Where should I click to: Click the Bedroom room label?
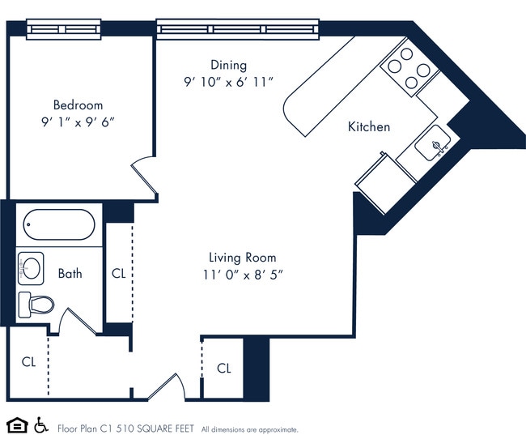78,104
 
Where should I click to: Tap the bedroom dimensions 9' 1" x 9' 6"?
78,122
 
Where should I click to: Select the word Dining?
228,65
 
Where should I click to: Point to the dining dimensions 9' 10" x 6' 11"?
228,82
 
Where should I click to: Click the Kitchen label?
369,126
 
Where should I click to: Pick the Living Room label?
243,258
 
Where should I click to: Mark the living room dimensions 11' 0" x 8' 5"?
243,275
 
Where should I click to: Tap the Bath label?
70,274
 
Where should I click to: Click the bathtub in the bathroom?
59,225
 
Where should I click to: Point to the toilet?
36,305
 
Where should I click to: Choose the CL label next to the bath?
118,274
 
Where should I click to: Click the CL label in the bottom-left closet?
28,361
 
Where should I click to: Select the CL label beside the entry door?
224,368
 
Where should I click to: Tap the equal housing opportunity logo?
15,425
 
